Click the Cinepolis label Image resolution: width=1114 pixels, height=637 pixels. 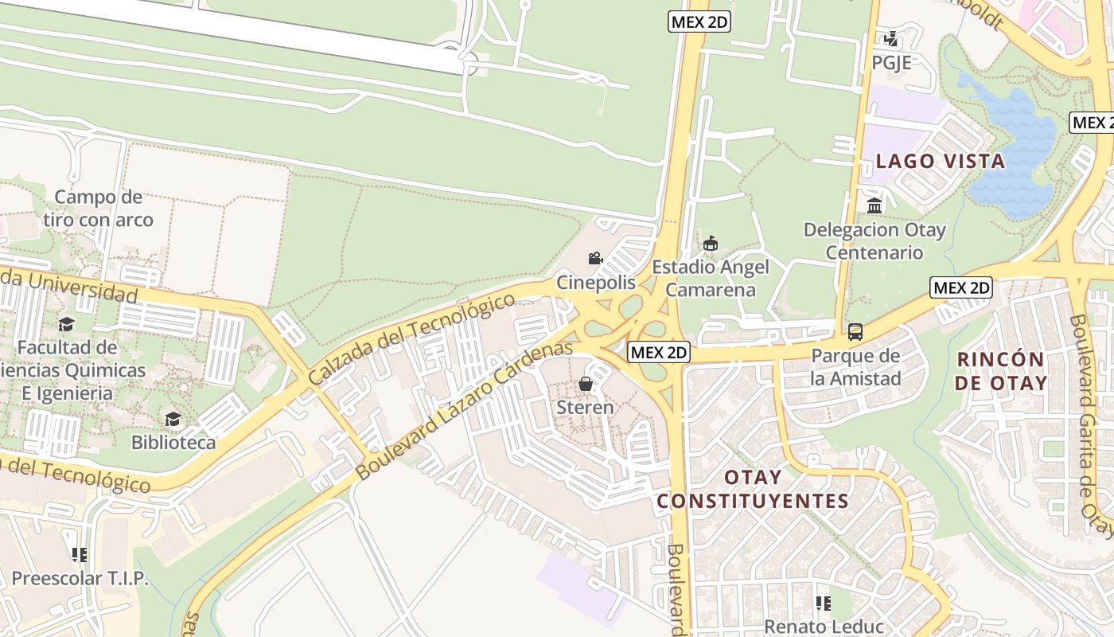click(x=596, y=283)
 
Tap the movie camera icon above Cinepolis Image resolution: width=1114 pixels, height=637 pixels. click(x=595, y=258)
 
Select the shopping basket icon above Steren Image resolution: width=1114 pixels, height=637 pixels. click(x=586, y=384)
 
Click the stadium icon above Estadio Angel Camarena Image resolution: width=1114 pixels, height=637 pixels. click(x=711, y=243)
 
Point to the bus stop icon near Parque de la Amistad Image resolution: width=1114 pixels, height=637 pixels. click(x=855, y=332)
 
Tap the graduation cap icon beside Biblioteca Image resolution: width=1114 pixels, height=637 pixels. click(x=173, y=419)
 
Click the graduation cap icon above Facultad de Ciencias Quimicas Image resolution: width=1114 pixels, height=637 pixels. click(x=67, y=324)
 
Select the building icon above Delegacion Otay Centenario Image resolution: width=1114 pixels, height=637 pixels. click(x=874, y=206)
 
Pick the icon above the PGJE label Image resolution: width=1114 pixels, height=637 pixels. click(x=891, y=38)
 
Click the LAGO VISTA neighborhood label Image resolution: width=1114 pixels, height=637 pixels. click(x=941, y=162)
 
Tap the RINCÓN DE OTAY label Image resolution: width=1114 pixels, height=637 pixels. click(x=1002, y=370)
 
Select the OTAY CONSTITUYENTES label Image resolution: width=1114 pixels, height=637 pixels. click(x=753, y=489)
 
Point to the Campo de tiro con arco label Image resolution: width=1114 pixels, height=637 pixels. click(x=99, y=208)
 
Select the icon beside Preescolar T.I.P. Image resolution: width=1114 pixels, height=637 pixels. click(x=79, y=554)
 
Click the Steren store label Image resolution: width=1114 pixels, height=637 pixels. click(x=585, y=408)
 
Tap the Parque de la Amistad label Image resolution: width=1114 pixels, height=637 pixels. click(x=855, y=367)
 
